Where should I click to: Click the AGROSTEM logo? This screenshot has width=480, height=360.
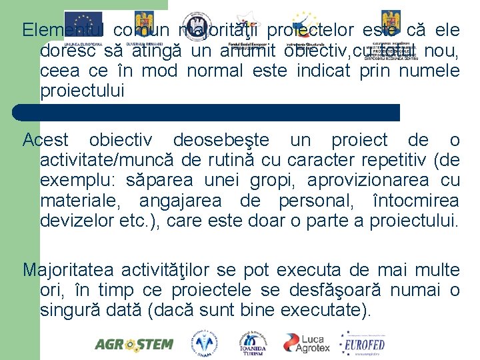click(134, 344)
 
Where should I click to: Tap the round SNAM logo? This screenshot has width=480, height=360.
click(205, 343)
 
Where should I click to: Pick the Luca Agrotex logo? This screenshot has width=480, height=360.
click(307, 343)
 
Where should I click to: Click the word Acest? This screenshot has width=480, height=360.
click(45, 141)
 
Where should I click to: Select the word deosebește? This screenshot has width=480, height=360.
click(221, 141)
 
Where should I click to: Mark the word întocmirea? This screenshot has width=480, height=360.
click(417, 201)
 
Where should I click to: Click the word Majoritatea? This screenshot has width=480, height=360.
click(72, 270)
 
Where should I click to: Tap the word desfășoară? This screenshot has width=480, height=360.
click(344, 290)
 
